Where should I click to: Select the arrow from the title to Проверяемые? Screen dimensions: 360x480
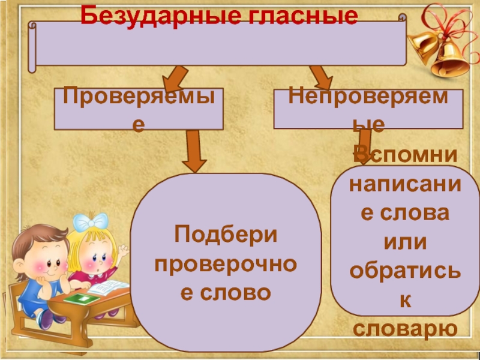[x=173, y=77]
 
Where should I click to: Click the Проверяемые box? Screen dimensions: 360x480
[x=139, y=109]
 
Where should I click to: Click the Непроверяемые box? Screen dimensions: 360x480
[x=368, y=109]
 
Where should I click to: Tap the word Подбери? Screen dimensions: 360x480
[x=226, y=235]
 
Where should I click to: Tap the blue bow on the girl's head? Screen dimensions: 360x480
[x=90, y=223]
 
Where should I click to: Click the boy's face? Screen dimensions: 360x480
[x=37, y=257]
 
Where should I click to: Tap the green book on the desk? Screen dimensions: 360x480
[x=80, y=298]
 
